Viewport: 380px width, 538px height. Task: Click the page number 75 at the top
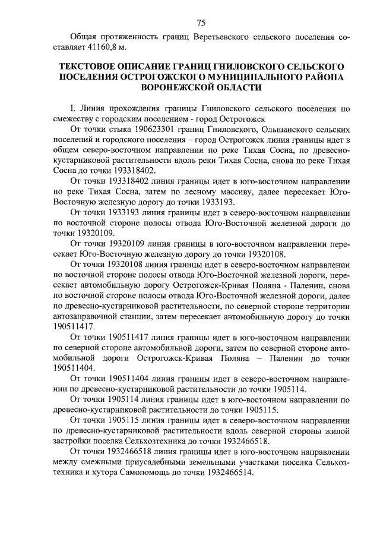tap(201, 23)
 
